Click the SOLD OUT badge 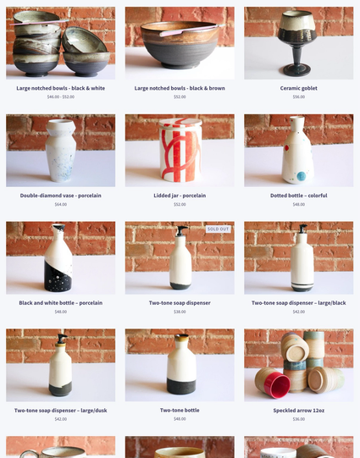point(219,229)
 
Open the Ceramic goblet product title point(298,88)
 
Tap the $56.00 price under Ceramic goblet point(298,97)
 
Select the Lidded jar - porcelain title point(180,196)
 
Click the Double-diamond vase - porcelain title point(60,196)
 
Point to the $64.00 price point(60,204)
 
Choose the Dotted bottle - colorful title point(298,196)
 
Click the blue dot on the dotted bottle point(301,176)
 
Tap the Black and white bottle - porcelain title point(60,303)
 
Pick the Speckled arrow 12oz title point(298,410)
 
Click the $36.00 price point(298,419)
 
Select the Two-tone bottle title point(180,410)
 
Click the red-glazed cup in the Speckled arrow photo point(275,385)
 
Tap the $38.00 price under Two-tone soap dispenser point(180,312)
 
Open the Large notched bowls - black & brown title point(180,88)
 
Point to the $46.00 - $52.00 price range point(60,97)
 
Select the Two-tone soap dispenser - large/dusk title point(60,410)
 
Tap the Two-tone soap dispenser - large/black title point(298,303)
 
